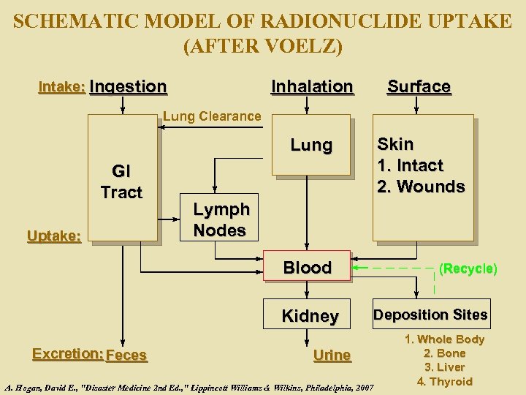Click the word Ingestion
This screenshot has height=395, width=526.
point(129,86)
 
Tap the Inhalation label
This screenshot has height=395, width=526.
point(312,86)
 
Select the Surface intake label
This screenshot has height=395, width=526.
point(419,86)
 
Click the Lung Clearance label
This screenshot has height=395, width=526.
point(212,116)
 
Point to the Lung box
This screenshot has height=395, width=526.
point(311,146)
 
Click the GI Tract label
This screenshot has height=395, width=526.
point(121,182)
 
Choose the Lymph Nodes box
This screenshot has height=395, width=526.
point(221,219)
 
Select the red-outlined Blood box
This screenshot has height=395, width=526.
point(308,268)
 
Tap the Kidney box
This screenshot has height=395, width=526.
point(310,316)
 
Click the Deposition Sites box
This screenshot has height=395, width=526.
point(430,315)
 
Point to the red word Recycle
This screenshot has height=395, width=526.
point(468,268)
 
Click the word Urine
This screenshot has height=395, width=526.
point(332,355)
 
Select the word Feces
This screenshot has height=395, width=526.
point(126,355)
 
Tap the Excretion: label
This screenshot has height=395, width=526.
point(67,354)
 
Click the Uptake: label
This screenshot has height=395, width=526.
point(54,235)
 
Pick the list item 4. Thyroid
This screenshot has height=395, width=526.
point(444,381)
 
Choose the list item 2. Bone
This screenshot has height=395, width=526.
point(444,353)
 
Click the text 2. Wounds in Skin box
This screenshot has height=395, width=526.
point(421,187)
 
